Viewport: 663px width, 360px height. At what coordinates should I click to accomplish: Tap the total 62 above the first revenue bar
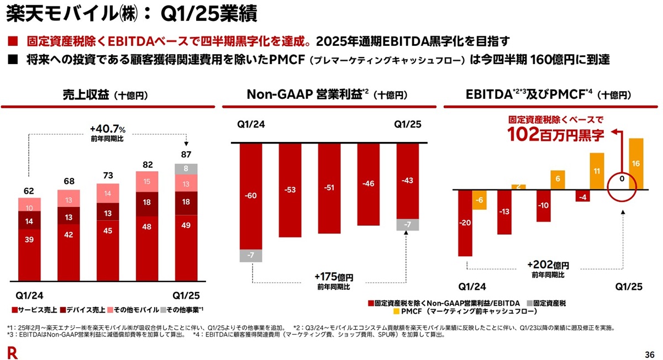(x=29, y=192)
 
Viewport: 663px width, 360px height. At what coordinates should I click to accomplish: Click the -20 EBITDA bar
(x=465, y=223)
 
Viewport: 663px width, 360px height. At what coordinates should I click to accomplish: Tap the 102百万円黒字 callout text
(x=556, y=134)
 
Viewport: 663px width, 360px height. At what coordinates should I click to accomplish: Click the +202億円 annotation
(x=547, y=266)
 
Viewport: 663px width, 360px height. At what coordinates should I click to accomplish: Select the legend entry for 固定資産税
(x=545, y=303)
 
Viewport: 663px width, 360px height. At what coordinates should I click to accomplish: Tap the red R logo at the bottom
(x=10, y=352)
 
